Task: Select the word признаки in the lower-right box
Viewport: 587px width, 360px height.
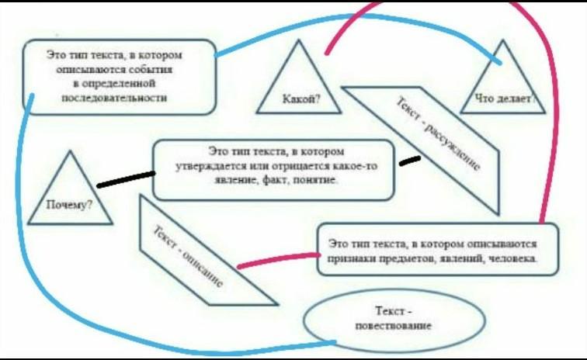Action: point(346,258)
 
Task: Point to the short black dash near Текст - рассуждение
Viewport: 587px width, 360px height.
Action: point(409,161)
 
